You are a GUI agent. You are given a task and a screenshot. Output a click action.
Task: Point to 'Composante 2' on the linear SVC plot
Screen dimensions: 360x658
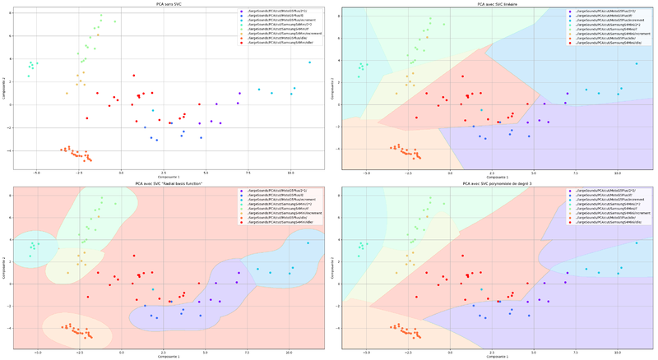(332, 90)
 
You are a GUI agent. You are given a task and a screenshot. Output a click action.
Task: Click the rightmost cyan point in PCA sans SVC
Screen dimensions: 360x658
(309, 62)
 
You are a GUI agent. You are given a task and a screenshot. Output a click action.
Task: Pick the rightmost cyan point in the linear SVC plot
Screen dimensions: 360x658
(636, 63)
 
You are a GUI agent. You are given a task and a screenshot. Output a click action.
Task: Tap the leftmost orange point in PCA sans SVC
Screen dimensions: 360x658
(61, 149)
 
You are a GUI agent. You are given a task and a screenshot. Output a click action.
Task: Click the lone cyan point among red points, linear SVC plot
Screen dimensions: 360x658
(482, 110)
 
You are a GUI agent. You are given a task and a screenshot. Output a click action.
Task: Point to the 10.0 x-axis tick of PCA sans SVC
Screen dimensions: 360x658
(290, 173)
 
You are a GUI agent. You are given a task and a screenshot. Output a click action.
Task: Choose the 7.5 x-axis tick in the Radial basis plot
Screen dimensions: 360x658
(248, 353)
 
